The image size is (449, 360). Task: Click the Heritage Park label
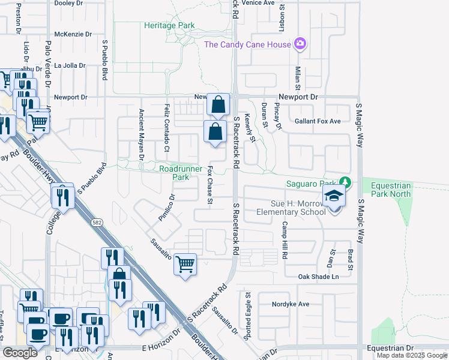click(x=169, y=26)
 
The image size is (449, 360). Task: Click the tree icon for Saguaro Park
click(x=345, y=182)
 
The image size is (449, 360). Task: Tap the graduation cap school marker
click(x=334, y=197)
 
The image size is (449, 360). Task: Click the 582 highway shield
click(x=96, y=222)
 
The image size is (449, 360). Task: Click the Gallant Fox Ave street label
click(x=318, y=121)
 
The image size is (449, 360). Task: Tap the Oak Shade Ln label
click(x=319, y=277)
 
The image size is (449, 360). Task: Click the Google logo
click(x=20, y=353)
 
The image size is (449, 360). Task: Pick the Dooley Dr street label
click(x=69, y=3)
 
